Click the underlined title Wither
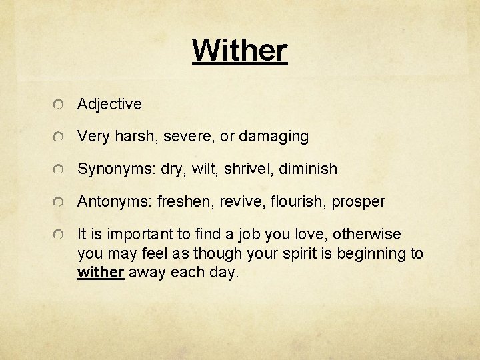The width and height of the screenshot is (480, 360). click(x=240, y=49)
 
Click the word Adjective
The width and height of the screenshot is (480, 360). click(x=109, y=104)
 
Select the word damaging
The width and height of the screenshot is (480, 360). click(x=275, y=137)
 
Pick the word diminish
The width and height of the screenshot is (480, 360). click(x=307, y=169)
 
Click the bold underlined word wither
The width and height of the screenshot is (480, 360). click(x=101, y=273)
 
